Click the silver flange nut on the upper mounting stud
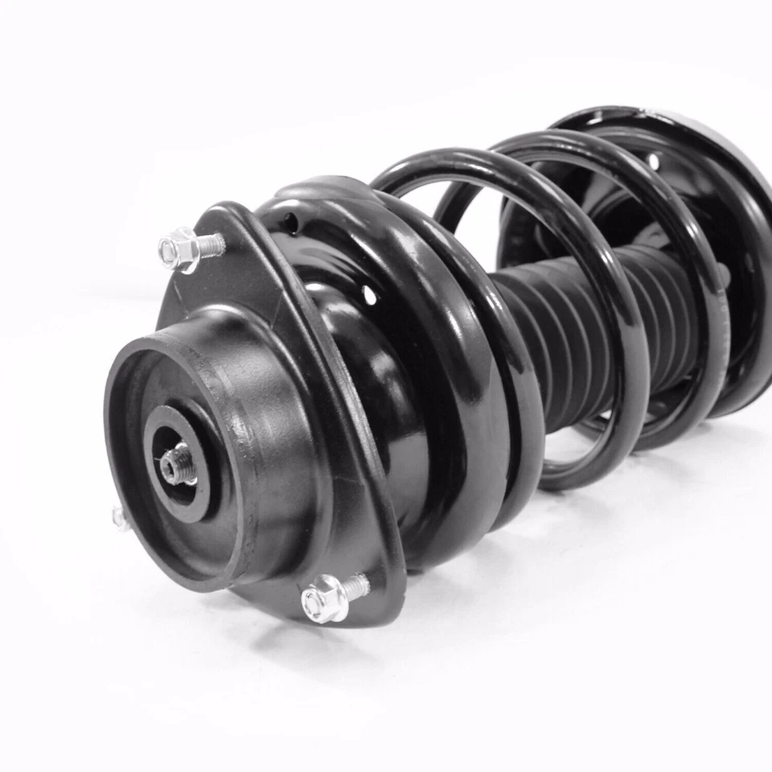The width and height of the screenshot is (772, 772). (x=179, y=248)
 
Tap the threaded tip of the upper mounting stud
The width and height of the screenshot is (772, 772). (x=214, y=243)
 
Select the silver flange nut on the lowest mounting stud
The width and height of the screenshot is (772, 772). (x=325, y=598)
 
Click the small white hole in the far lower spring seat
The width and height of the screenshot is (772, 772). (x=653, y=162)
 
